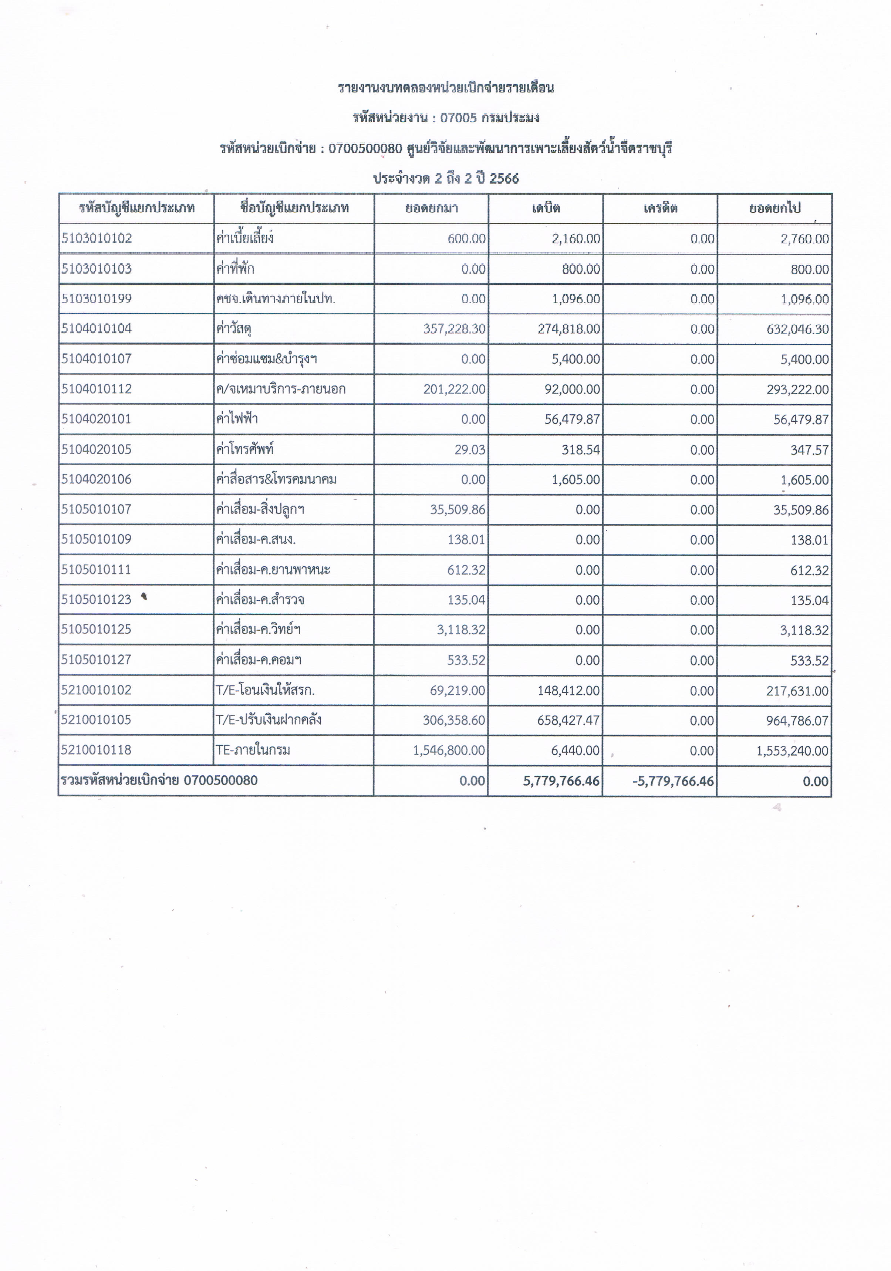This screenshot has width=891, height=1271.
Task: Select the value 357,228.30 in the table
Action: (x=454, y=329)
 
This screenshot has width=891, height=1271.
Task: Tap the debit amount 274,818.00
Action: (x=568, y=329)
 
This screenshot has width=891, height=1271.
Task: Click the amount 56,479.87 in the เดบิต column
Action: (x=572, y=419)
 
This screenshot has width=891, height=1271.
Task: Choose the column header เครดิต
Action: (x=660, y=209)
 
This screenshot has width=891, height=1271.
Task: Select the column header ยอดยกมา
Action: (x=431, y=209)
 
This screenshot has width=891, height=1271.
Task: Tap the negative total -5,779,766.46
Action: (x=672, y=782)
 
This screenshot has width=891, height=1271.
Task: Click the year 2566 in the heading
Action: (x=504, y=179)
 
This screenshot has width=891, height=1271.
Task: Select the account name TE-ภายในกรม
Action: (x=253, y=750)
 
